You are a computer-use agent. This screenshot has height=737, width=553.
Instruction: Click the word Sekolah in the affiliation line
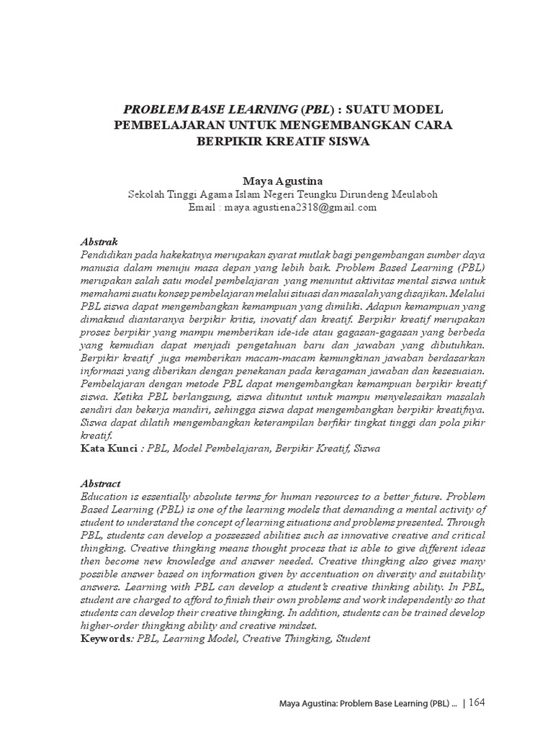coord(147,194)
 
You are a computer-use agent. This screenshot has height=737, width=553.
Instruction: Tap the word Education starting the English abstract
coord(106,497)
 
